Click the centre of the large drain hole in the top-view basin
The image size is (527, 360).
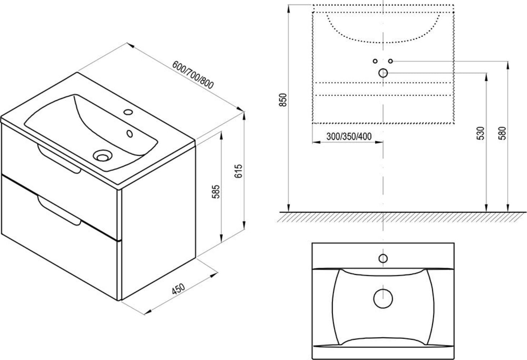tap(383, 298)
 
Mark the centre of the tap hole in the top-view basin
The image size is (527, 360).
tap(383, 258)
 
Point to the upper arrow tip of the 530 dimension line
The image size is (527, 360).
tap(486, 73)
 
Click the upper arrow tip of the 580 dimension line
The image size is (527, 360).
tap(508, 62)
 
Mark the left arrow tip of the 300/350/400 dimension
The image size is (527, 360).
tap(312, 142)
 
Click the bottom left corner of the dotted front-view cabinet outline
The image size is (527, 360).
tap(312, 123)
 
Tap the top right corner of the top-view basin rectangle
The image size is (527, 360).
tap(454, 243)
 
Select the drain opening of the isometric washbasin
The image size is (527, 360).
tap(102, 156)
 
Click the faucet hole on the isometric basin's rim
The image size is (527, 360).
tap(129, 112)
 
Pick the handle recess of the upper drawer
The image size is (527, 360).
tap(59, 159)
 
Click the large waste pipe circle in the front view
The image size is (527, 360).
tap(383, 73)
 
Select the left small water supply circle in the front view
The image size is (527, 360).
tap(375, 61)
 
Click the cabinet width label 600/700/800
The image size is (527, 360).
tap(193, 75)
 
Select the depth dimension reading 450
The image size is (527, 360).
tap(179, 289)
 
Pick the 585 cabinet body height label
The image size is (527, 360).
tap(216, 192)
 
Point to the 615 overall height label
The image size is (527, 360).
tap(238, 171)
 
